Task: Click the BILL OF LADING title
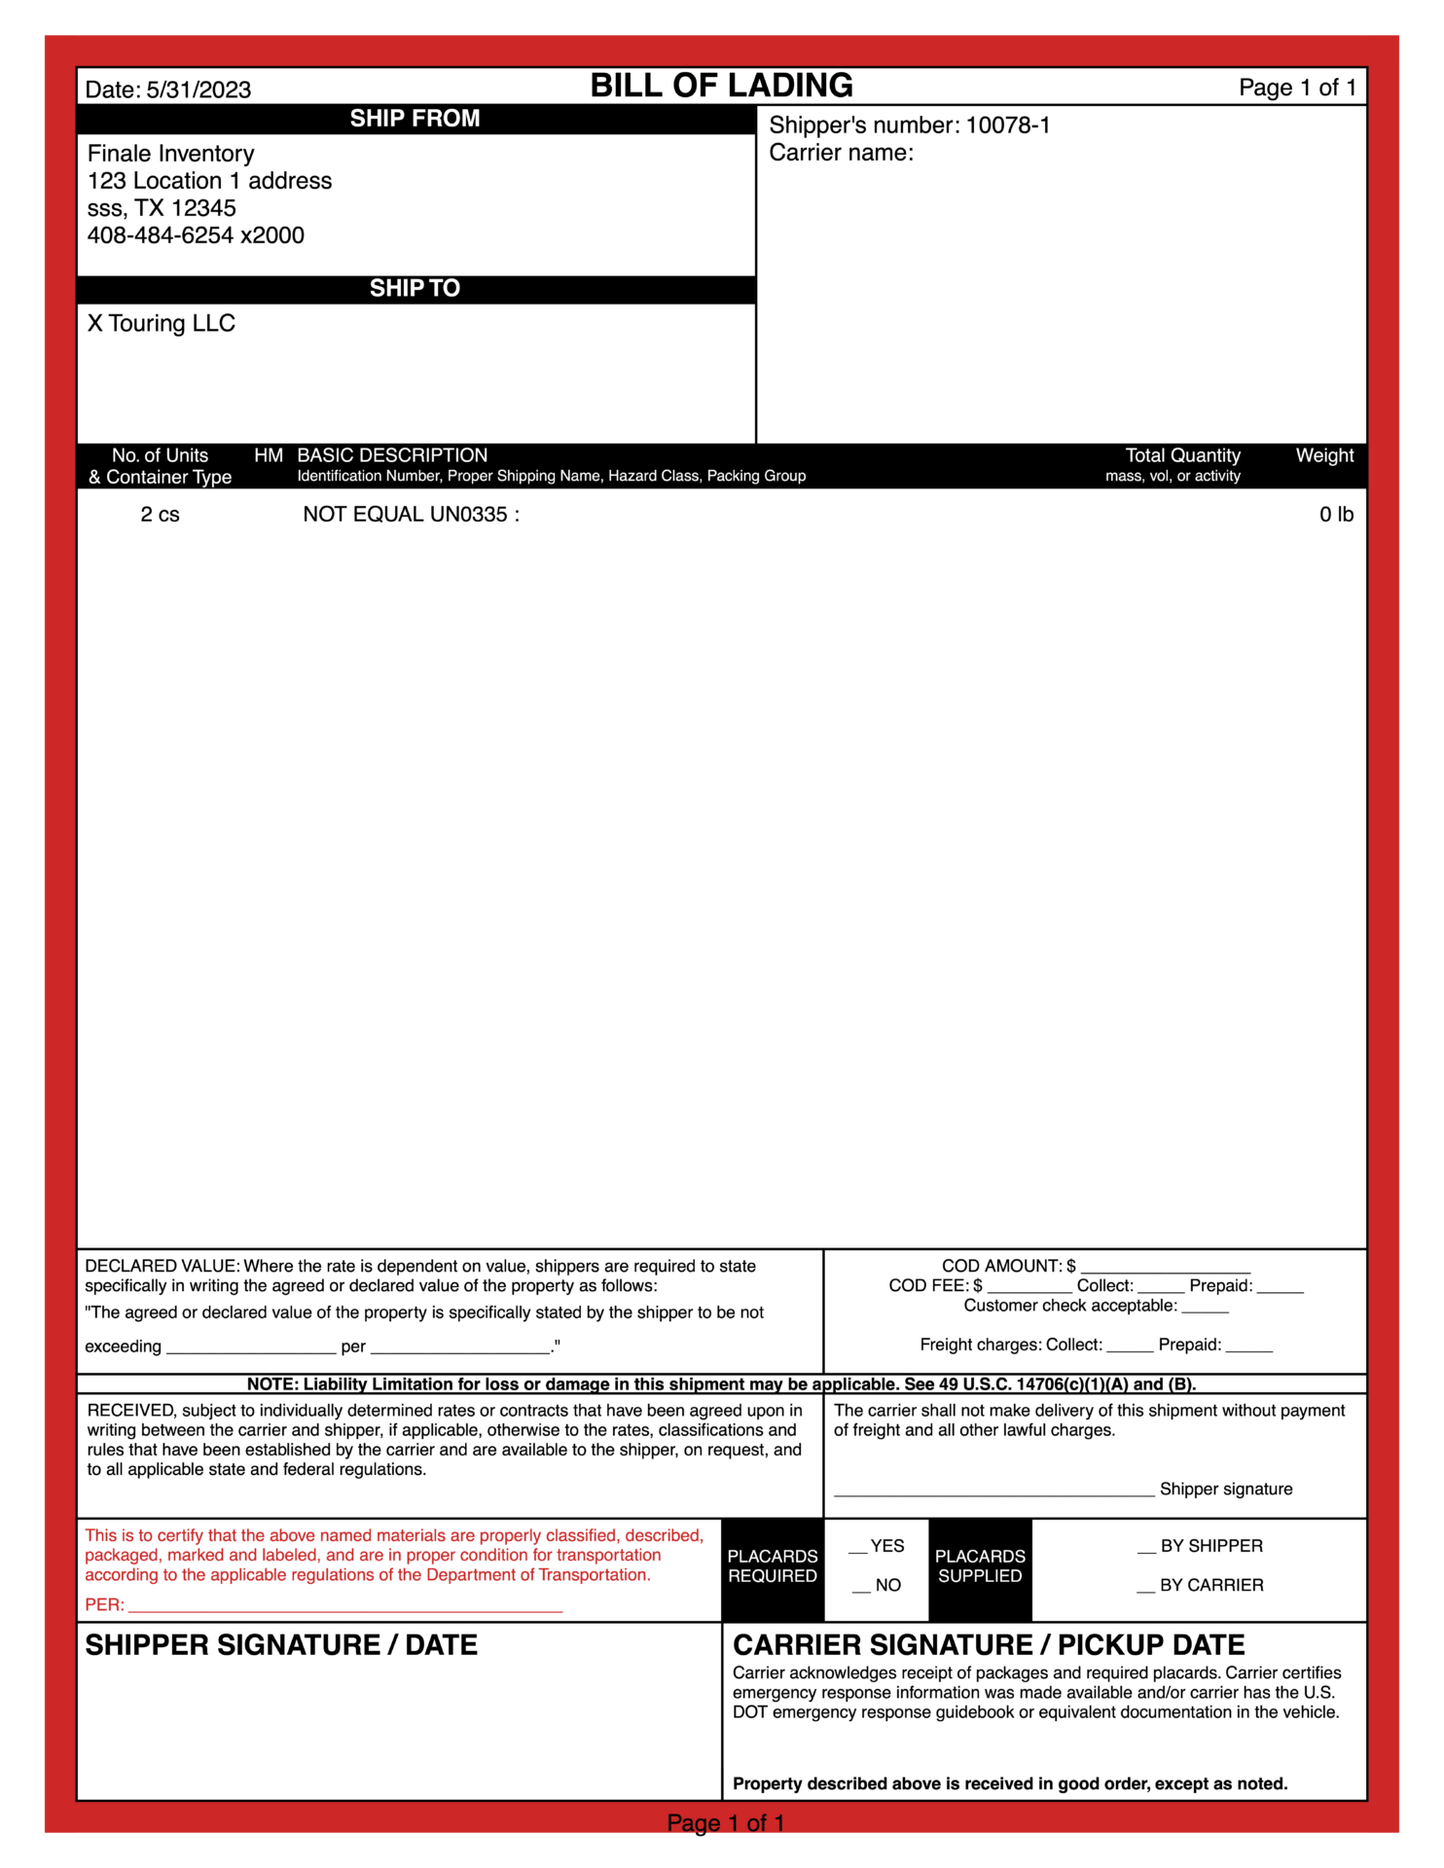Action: click(x=721, y=86)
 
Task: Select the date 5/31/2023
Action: click(x=199, y=90)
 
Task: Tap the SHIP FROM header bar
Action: click(x=415, y=119)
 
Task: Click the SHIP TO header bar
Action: click(x=415, y=289)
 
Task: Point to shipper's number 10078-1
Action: click(x=1007, y=126)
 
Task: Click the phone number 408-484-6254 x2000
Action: click(x=196, y=235)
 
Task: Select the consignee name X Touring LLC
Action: click(x=162, y=324)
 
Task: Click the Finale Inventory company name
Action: click(x=171, y=154)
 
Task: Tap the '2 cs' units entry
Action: click(x=161, y=515)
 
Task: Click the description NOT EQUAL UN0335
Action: click(x=411, y=515)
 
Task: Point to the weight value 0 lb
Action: click(x=1335, y=515)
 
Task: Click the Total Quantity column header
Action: click(x=1182, y=456)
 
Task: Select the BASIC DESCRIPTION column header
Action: click(x=392, y=456)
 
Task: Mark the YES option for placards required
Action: click(x=858, y=1547)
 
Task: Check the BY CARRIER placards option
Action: click(x=1146, y=1586)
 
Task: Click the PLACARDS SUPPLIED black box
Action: click(x=980, y=1566)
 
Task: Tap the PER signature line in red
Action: click(x=345, y=1605)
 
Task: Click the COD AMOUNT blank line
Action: click(x=1165, y=1267)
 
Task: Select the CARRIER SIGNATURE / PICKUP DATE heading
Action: click(x=989, y=1645)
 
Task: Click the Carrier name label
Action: click(x=841, y=153)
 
